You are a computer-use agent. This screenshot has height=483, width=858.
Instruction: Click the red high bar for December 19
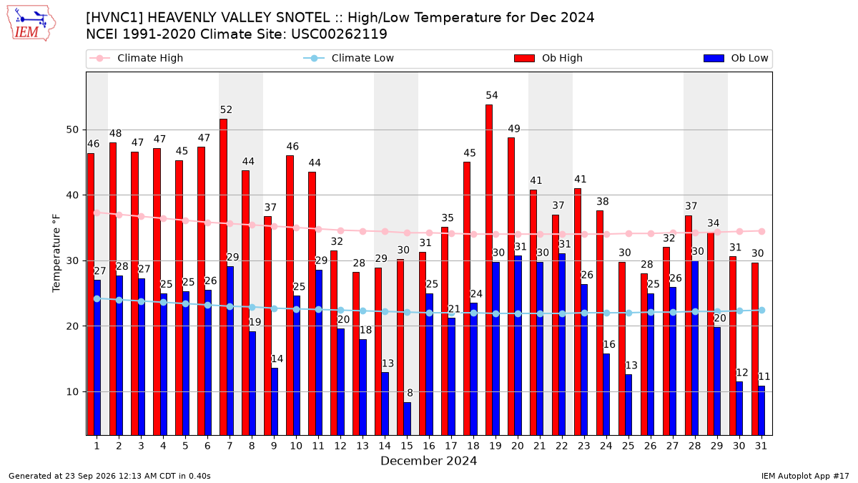point(489,270)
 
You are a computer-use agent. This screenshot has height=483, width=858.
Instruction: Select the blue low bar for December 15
point(407,419)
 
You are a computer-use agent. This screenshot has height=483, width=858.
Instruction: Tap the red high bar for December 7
point(223,277)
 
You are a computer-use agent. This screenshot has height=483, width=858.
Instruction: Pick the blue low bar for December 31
point(761,411)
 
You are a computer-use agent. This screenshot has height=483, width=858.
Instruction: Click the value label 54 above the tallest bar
point(492,95)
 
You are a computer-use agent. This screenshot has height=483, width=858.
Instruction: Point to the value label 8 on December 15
point(410,393)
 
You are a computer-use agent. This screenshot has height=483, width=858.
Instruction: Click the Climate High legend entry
point(137,58)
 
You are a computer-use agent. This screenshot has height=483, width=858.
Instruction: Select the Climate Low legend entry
point(349,58)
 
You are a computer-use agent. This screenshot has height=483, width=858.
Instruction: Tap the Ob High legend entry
point(548,58)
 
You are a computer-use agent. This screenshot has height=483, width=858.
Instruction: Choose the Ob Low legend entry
point(736,58)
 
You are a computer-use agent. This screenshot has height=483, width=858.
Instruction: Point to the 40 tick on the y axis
point(72,195)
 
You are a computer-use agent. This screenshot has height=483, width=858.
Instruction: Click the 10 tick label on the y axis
point(72,392)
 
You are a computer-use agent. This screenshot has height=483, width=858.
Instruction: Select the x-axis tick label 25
point(628,446)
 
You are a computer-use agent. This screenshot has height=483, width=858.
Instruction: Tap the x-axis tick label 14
point(385,446)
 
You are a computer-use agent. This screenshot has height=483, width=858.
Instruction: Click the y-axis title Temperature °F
point(56,253)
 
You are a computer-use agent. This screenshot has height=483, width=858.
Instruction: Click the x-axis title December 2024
point(428,461)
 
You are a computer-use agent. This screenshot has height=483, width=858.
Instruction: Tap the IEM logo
point(31,24)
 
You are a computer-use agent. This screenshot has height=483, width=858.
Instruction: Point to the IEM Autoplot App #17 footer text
point(805,476)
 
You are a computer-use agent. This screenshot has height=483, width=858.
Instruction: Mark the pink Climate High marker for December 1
point(97,213)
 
